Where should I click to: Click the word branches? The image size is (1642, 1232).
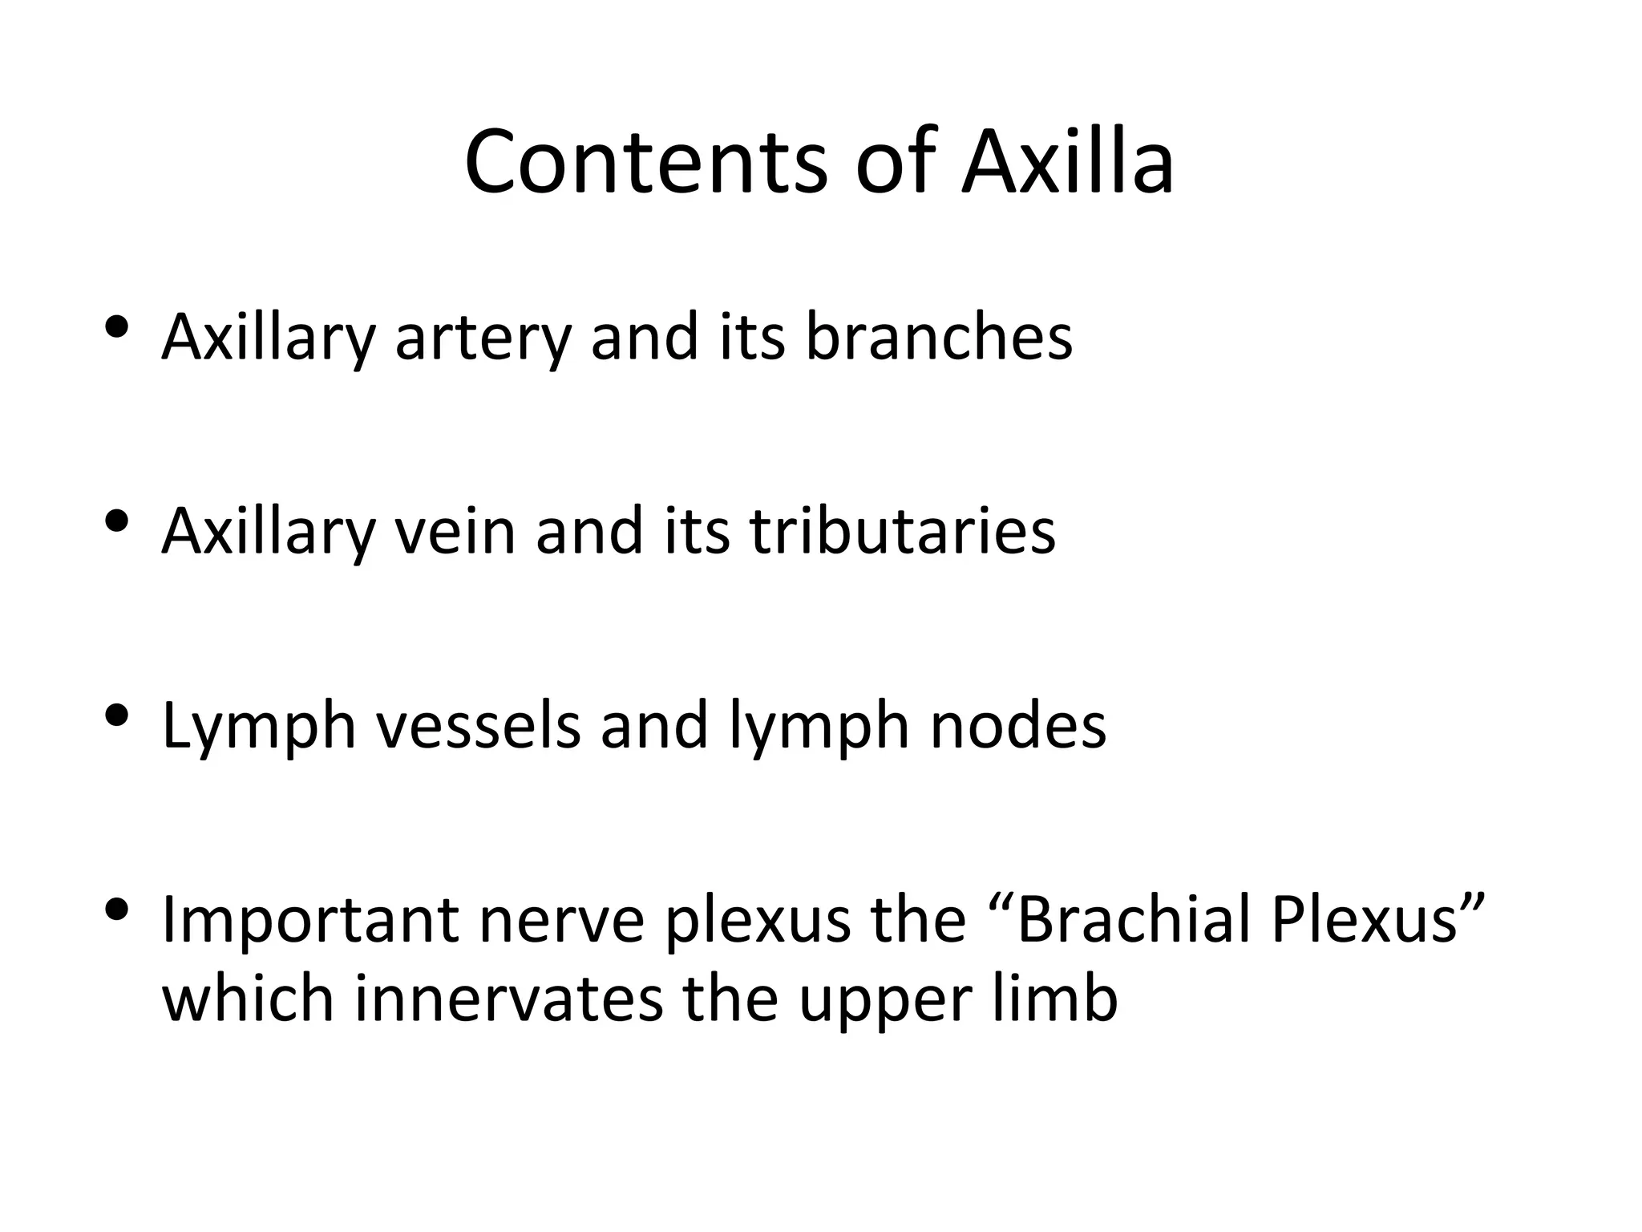pos(938,336)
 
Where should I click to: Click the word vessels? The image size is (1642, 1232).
pos(479,725)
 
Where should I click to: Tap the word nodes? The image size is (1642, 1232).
pos(1017,725)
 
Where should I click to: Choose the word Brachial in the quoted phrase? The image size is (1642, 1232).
pos(1134,919)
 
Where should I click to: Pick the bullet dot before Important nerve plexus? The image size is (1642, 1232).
pos(117,910)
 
